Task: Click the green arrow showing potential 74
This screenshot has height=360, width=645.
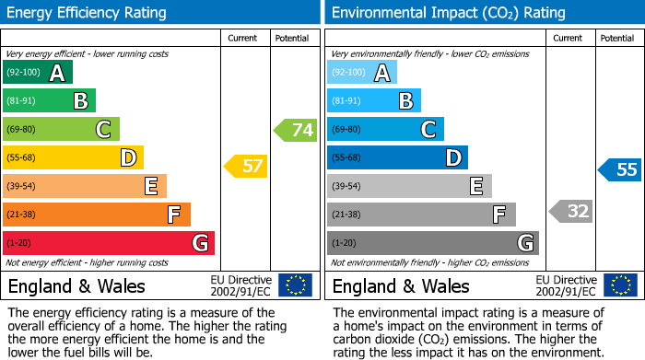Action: click(296, 130)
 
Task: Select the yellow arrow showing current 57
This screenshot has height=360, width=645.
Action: click(246, 167)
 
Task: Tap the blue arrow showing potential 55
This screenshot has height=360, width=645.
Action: click(620, 169)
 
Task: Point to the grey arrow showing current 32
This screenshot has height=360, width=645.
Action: click(570, 211)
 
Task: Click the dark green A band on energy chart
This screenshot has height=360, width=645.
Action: click(38, 73)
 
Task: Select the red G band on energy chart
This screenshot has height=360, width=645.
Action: click(109, 243)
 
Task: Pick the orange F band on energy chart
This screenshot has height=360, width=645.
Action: click(97, 215)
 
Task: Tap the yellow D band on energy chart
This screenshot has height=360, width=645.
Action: click(73, 158)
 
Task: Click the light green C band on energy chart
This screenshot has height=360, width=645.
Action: click(61, 130)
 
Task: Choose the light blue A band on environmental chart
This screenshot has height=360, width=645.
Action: click(362, 73)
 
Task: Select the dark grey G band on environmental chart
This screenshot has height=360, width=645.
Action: click(432, 243)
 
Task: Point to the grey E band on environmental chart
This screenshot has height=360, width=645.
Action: click(409, 186)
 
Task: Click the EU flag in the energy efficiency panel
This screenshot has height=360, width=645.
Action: click(296, 285)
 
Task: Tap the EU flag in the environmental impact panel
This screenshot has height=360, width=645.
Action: click(620, 285)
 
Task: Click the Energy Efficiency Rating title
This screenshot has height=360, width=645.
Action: click(88, 13)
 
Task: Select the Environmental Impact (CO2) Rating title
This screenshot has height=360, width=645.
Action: click(448, 13)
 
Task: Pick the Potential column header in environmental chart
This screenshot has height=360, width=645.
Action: click(617, 38)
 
